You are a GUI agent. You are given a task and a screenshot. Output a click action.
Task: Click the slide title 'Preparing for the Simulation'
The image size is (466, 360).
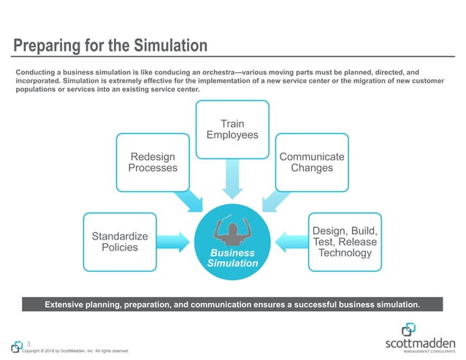pos(110,46)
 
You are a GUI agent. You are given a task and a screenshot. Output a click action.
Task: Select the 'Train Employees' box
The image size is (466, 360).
pos(232,130)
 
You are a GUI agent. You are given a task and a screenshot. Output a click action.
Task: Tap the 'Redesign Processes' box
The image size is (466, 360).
pos(153,162)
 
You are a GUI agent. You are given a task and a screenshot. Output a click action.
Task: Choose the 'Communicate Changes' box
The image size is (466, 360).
pos(311,162)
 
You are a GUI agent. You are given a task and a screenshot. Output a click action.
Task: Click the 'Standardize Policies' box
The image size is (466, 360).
pos(120,242)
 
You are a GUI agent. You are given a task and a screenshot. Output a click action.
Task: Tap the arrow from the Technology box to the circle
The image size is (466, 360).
pos(290,241)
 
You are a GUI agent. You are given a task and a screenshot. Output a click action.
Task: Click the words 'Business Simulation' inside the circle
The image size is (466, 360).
pos(232,258)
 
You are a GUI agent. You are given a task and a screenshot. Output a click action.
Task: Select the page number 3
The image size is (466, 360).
pos(28,344)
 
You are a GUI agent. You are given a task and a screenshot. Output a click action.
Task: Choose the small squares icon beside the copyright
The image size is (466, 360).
pos(16,347)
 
